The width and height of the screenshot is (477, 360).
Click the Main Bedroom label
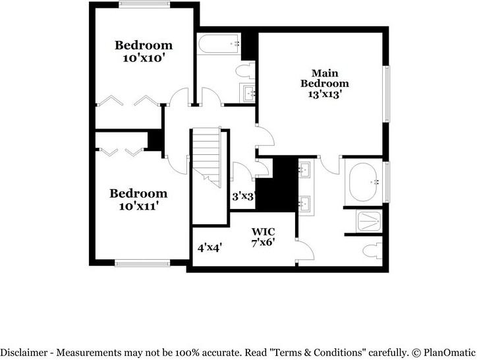325,78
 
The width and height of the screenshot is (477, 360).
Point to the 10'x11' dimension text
139,206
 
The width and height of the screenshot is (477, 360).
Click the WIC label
263,232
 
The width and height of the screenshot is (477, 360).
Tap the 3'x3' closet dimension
243,196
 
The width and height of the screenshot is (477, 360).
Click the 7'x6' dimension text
263,243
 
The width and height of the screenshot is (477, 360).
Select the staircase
207,158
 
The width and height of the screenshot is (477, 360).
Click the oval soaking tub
363,182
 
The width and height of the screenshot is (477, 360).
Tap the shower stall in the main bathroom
369,221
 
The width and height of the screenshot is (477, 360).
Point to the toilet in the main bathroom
372,251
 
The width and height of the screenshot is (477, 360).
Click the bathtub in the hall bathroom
219,44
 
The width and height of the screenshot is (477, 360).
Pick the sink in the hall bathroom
248,93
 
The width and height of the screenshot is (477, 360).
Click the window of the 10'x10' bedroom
144,5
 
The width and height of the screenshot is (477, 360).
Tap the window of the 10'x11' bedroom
142,263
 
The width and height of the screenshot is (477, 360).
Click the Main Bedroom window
386,94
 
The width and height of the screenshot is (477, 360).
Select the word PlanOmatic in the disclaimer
449,353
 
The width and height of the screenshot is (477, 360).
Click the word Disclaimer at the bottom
24,353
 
